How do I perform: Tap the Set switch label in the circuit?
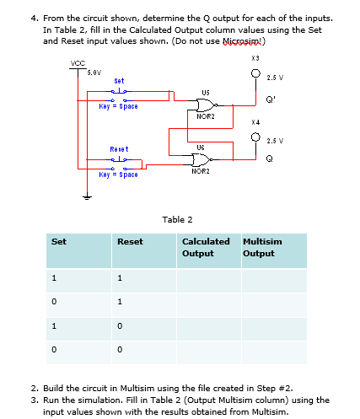coord(119,81)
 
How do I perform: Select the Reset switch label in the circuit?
coord(119,148)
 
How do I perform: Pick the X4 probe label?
coord(255,123)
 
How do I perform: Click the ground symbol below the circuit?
coord(85,199)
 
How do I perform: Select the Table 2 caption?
coord(176,219)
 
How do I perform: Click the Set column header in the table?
coord(59,241)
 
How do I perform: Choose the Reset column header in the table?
coord(130,241)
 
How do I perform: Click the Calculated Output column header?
coord(206,247)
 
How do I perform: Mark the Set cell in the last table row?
coord(54,347)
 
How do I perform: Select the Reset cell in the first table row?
coord(121,278)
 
